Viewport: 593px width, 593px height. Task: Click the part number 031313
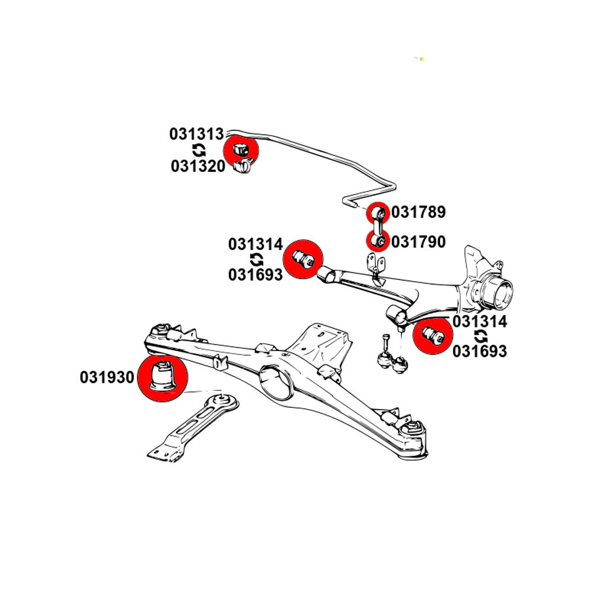196,135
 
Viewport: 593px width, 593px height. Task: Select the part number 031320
198,167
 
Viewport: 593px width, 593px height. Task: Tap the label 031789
418,212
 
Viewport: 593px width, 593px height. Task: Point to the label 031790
418,242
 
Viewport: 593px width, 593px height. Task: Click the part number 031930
107,378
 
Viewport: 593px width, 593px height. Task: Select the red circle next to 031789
377,212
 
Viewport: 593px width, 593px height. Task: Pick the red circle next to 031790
376,241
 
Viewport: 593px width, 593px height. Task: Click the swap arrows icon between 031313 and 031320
198,151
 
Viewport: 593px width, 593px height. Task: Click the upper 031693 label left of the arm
255,275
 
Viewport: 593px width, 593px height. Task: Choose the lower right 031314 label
480,322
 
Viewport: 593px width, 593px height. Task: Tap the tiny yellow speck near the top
422,58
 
